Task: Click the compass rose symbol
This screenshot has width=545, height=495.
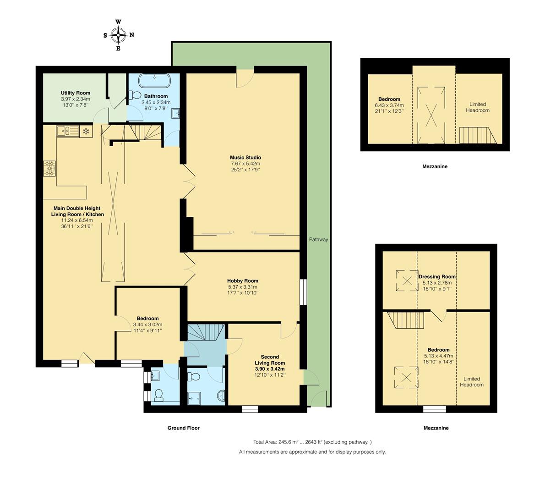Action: (119, 35)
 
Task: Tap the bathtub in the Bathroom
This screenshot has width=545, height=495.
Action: (155, 81)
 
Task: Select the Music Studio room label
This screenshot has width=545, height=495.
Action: (245, 157)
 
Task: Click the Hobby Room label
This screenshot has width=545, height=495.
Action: (243, 280)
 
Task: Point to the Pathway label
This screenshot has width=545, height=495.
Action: (319, 239)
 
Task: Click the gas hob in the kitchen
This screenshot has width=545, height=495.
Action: (50, 168)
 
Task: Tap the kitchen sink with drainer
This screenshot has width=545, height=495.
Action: (67, 131)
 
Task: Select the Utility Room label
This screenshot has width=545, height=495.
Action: (76, 93)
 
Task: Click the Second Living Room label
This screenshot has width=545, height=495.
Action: (270, 360)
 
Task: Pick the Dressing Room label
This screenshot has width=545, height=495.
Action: (437, 277)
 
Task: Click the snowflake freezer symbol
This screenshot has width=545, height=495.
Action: (86, 132)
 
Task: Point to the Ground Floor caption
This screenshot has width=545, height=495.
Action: (184, 428)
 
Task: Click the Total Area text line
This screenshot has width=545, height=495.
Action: (312, 442)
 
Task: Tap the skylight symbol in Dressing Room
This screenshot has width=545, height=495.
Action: (407, 280)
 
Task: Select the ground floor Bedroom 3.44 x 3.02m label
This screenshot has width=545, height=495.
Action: (148, 318)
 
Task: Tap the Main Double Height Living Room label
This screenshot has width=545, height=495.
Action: (77, 211)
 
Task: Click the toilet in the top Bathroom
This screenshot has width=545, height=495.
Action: (135, 95)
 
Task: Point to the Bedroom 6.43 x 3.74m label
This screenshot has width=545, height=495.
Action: (389, 99)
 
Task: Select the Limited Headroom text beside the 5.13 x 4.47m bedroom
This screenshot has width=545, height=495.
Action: (472, 382)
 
